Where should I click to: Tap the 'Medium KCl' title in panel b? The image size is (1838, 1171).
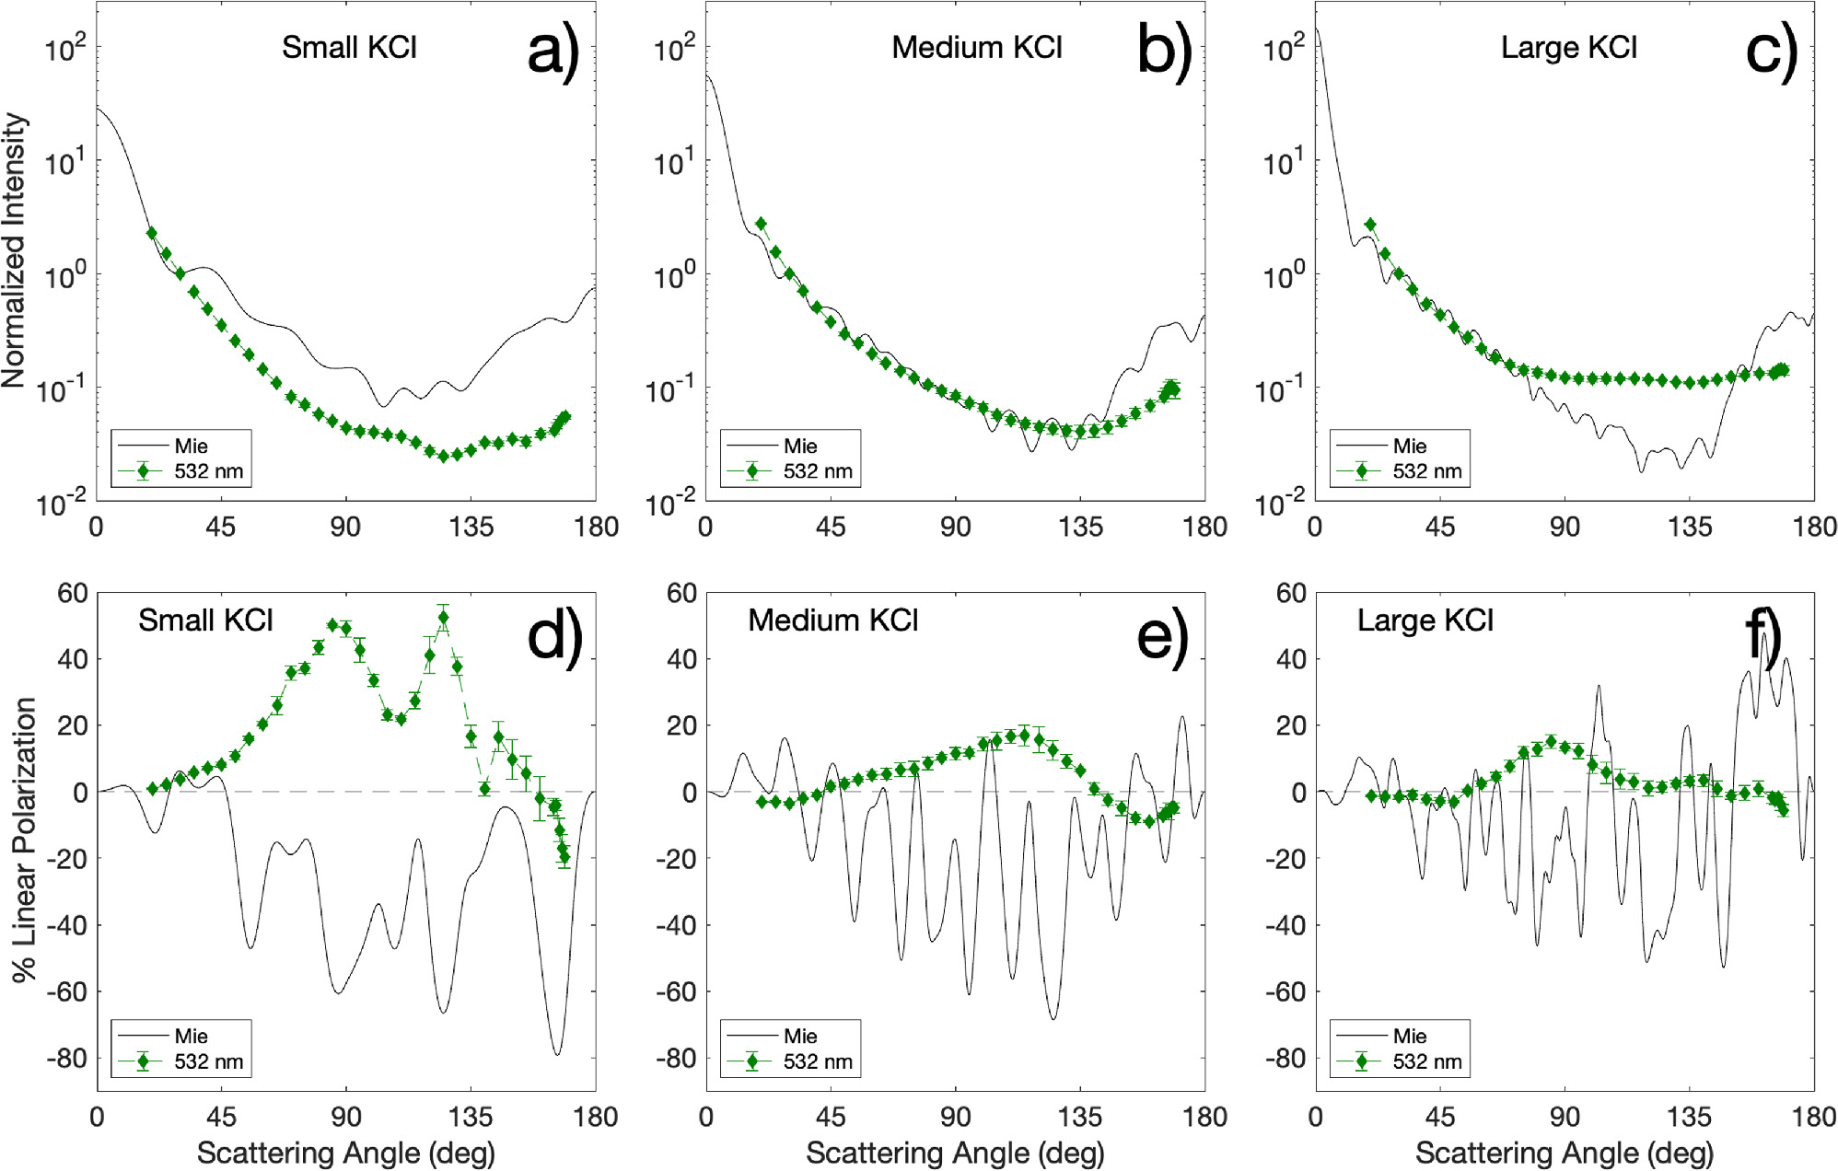click(976, 47)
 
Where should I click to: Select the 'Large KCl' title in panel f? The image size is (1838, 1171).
click(1425, 620)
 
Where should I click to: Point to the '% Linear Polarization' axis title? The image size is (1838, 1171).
click(24, 839)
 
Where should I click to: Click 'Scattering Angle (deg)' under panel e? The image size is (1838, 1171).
click(955, 1153)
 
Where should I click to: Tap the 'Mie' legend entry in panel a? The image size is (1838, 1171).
click(191, 446)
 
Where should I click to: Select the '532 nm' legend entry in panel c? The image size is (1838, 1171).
click(1426, 471)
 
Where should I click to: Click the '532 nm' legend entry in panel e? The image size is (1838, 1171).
click(818, 1061)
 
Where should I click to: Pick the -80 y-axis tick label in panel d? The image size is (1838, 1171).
click(67, 1058)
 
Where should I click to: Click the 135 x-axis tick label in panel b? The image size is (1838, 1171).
click(1080, 528)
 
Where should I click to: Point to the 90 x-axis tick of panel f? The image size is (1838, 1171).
click(1565, 1118)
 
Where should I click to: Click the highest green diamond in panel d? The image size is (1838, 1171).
click(444, 619)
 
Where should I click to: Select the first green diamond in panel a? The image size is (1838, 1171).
click(152, 234)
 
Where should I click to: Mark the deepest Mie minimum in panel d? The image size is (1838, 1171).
click(557, 1053)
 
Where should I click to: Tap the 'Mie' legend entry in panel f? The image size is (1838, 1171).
click(1409, 1037)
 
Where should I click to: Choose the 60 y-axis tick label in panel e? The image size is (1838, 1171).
click(681, 593)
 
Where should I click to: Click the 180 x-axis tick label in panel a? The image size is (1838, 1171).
click(596, 528)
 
